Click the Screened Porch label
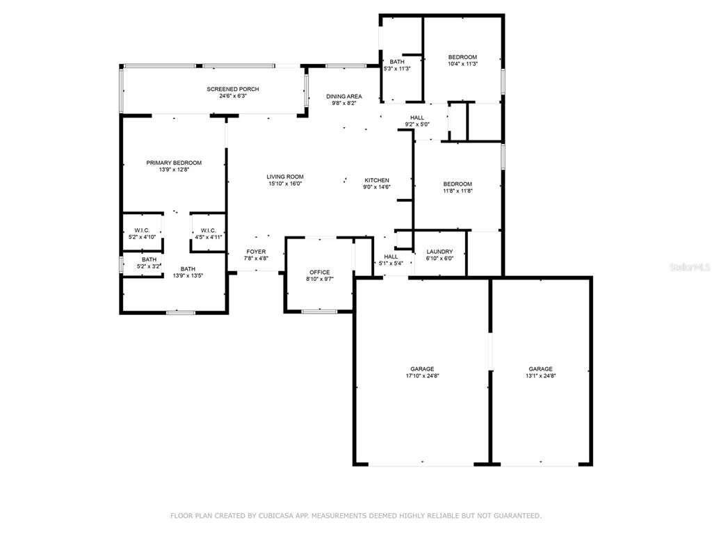coord(233,89)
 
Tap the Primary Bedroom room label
coord(174,163)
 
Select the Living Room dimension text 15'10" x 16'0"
coord(285,184)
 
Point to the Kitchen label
coord(377,180)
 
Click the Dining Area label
coord(344,96)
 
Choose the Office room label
coord(320,273)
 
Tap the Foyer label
coord(256,252)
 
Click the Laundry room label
coord(439,252)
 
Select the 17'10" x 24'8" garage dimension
coord(422,376)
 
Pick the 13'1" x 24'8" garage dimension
coord(541,376)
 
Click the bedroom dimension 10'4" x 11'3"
coord(462,64)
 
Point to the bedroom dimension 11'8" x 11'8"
coord(458,191)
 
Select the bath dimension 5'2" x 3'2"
coord(149,266)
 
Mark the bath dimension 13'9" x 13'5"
coord(188,275)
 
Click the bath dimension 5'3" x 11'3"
coord(397,69)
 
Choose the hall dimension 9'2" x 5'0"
coord(417,124)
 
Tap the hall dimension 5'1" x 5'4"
coord(391,264)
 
